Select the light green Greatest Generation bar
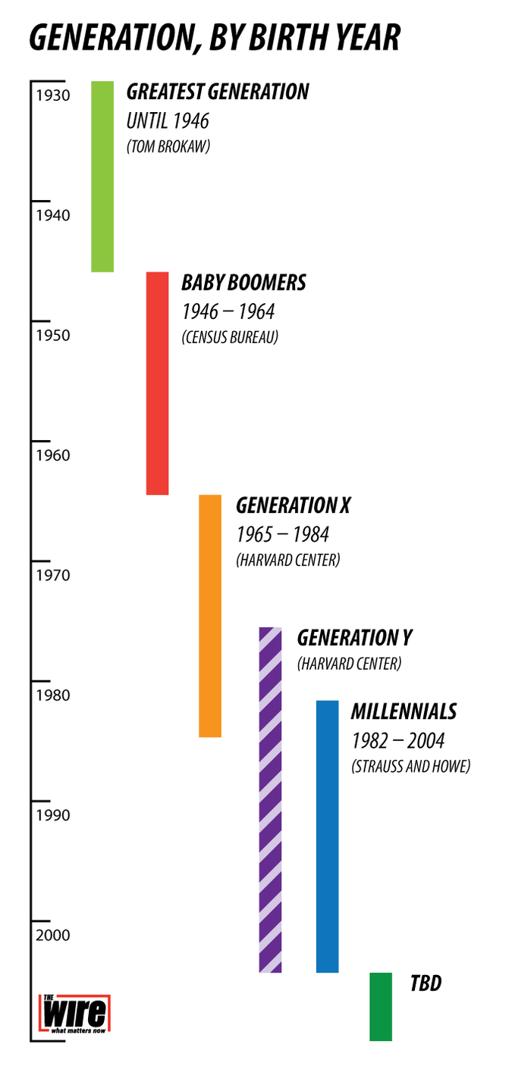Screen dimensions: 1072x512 point(102,176)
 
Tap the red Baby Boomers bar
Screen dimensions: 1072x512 point(157,383)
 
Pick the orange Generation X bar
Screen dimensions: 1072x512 point(210,615)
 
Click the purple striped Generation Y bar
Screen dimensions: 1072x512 point(270,799)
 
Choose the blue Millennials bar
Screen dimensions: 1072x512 point(327,836)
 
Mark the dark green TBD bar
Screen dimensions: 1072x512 point(381,1006)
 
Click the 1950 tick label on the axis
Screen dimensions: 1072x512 point(52,335)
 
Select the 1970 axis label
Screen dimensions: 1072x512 point(52,575)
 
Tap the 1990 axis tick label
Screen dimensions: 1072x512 point(52,815)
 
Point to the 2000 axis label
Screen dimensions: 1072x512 point(52,935)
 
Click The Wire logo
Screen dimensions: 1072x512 point(74,1015)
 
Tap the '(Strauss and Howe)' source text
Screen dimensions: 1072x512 point(410,766)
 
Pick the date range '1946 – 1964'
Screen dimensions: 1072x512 point(228,311)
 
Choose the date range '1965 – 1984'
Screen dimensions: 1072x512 point(282,534)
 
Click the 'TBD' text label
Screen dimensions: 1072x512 point(426,983)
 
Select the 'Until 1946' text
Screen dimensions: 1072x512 point(167,120)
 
